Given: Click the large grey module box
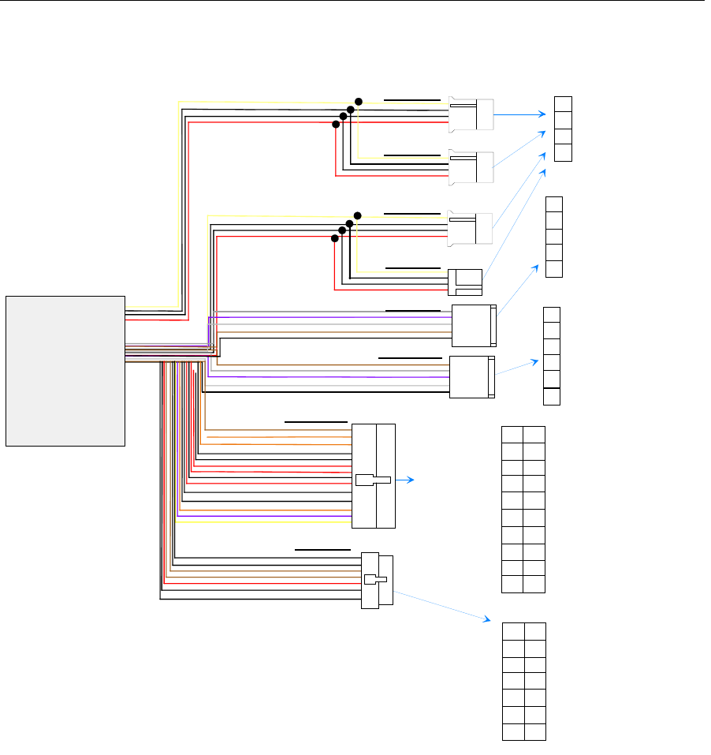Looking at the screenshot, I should (65, 371).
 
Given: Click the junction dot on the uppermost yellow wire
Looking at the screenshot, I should (359, 102).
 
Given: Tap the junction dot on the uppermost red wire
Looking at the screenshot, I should (336, 125).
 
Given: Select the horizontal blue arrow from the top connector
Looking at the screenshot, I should (520, 114).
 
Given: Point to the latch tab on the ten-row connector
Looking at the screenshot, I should (373, 480).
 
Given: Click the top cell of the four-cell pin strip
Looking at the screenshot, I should (563, 104).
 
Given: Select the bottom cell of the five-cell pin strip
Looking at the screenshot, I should (554, 269).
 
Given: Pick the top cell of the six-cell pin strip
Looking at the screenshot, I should (552, 314).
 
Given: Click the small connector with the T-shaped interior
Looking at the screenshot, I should (465, 282).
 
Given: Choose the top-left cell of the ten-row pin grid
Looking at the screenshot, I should (512, 435).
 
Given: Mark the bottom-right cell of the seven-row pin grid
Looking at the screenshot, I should (535, 731).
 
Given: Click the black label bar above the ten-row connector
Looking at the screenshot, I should (315, 422).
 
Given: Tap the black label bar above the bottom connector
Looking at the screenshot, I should (322, 548).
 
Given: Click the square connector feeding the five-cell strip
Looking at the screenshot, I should (473, 326).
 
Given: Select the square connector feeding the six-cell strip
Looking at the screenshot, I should (471, 377).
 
